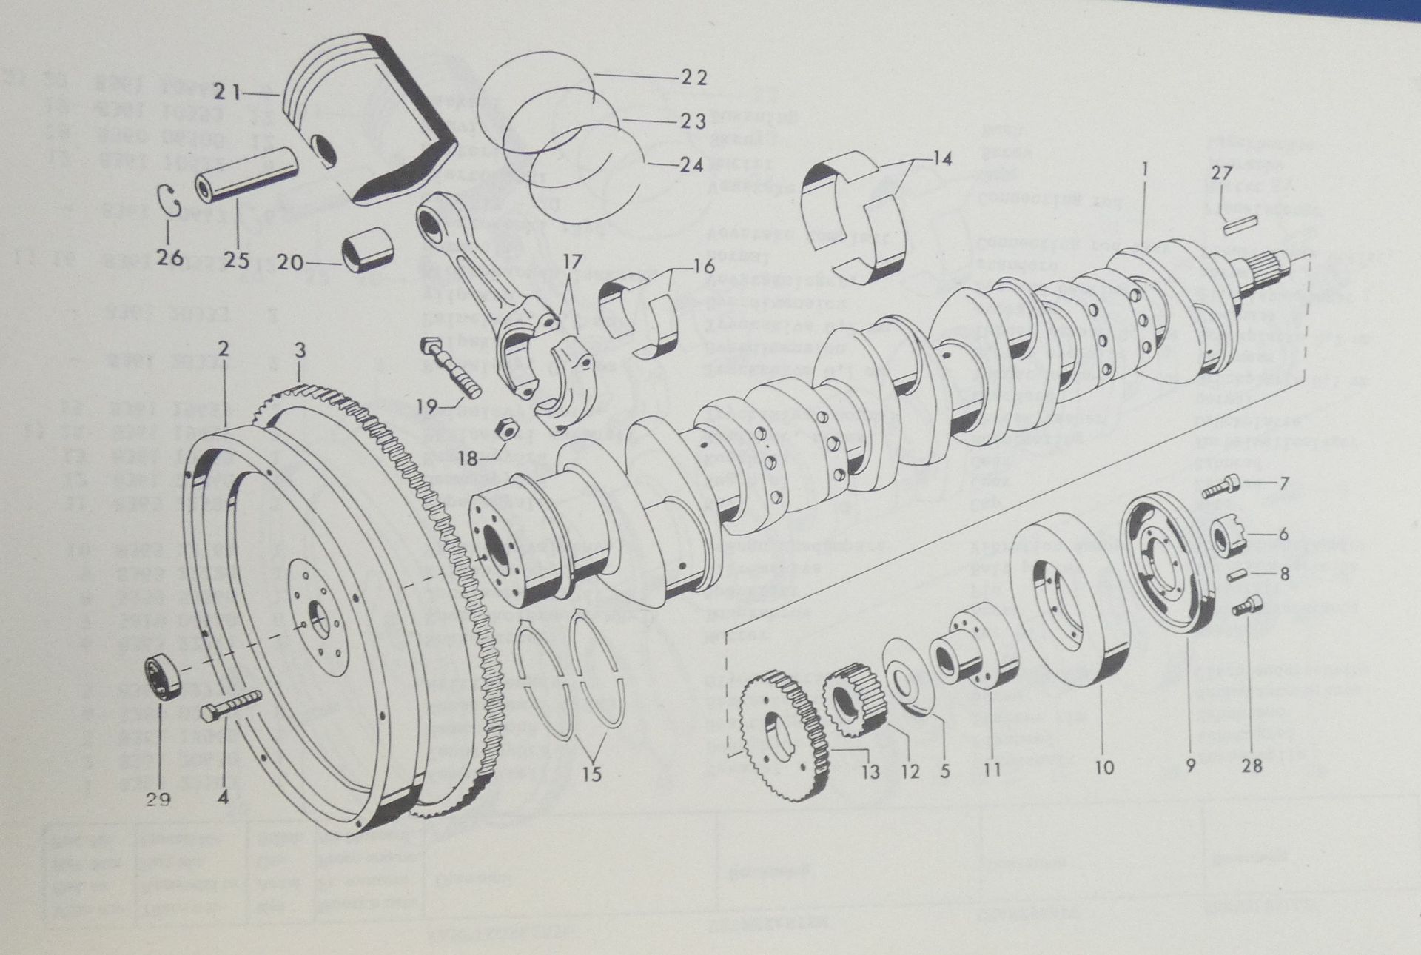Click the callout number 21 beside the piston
(226, 93)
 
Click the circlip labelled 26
(170, 201)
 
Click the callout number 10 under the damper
(1103, 768)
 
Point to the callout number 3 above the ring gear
(299, 352)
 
